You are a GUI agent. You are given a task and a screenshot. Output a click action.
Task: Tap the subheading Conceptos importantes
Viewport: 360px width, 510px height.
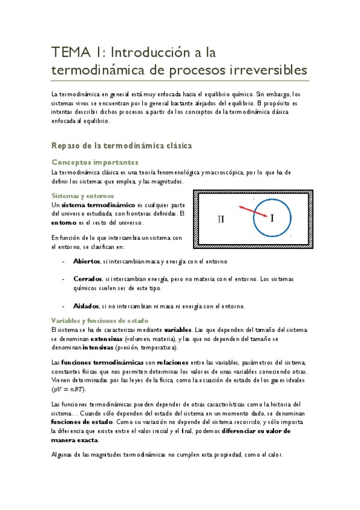tap(95, 162)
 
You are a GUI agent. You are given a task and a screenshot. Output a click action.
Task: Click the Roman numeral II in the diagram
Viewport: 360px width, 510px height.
tap(221, 219)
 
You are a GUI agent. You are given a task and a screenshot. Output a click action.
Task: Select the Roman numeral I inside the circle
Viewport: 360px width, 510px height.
tap(272, 218)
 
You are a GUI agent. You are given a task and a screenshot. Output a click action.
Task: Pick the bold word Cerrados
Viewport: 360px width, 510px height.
tap(87, 280)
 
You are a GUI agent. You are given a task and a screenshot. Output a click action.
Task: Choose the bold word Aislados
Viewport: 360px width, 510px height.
tap(86, 306)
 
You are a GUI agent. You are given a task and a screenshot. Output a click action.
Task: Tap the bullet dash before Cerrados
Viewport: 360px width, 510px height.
tap(64, 280)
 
